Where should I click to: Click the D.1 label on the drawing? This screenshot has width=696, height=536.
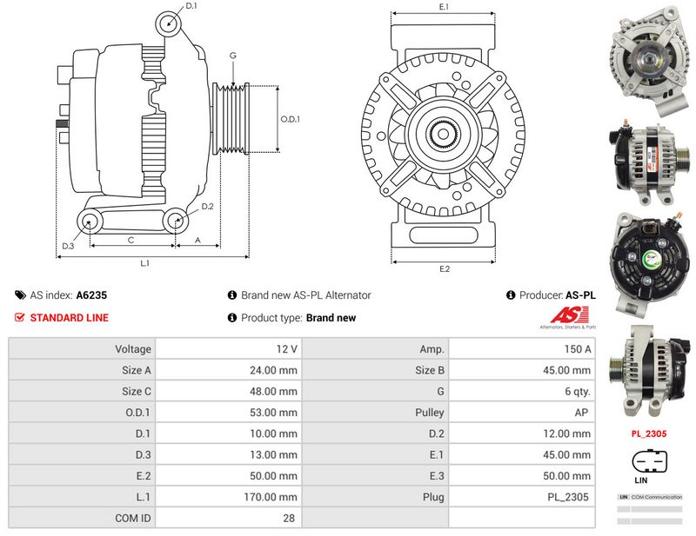191,6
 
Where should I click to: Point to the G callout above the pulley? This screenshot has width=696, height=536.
232,56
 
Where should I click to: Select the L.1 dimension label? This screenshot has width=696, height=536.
145,262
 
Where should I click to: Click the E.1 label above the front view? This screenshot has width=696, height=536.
444,7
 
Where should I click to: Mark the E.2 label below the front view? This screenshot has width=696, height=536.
444,268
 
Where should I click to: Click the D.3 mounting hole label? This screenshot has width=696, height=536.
67,247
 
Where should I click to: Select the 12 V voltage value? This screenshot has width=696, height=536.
286,349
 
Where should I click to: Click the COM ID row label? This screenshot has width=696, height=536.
133,518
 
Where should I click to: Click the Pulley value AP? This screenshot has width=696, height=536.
584,413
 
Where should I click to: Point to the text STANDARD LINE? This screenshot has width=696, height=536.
69,318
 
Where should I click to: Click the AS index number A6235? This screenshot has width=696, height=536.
91,295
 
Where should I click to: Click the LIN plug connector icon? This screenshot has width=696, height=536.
647,461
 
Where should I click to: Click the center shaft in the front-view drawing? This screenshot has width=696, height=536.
444,136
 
